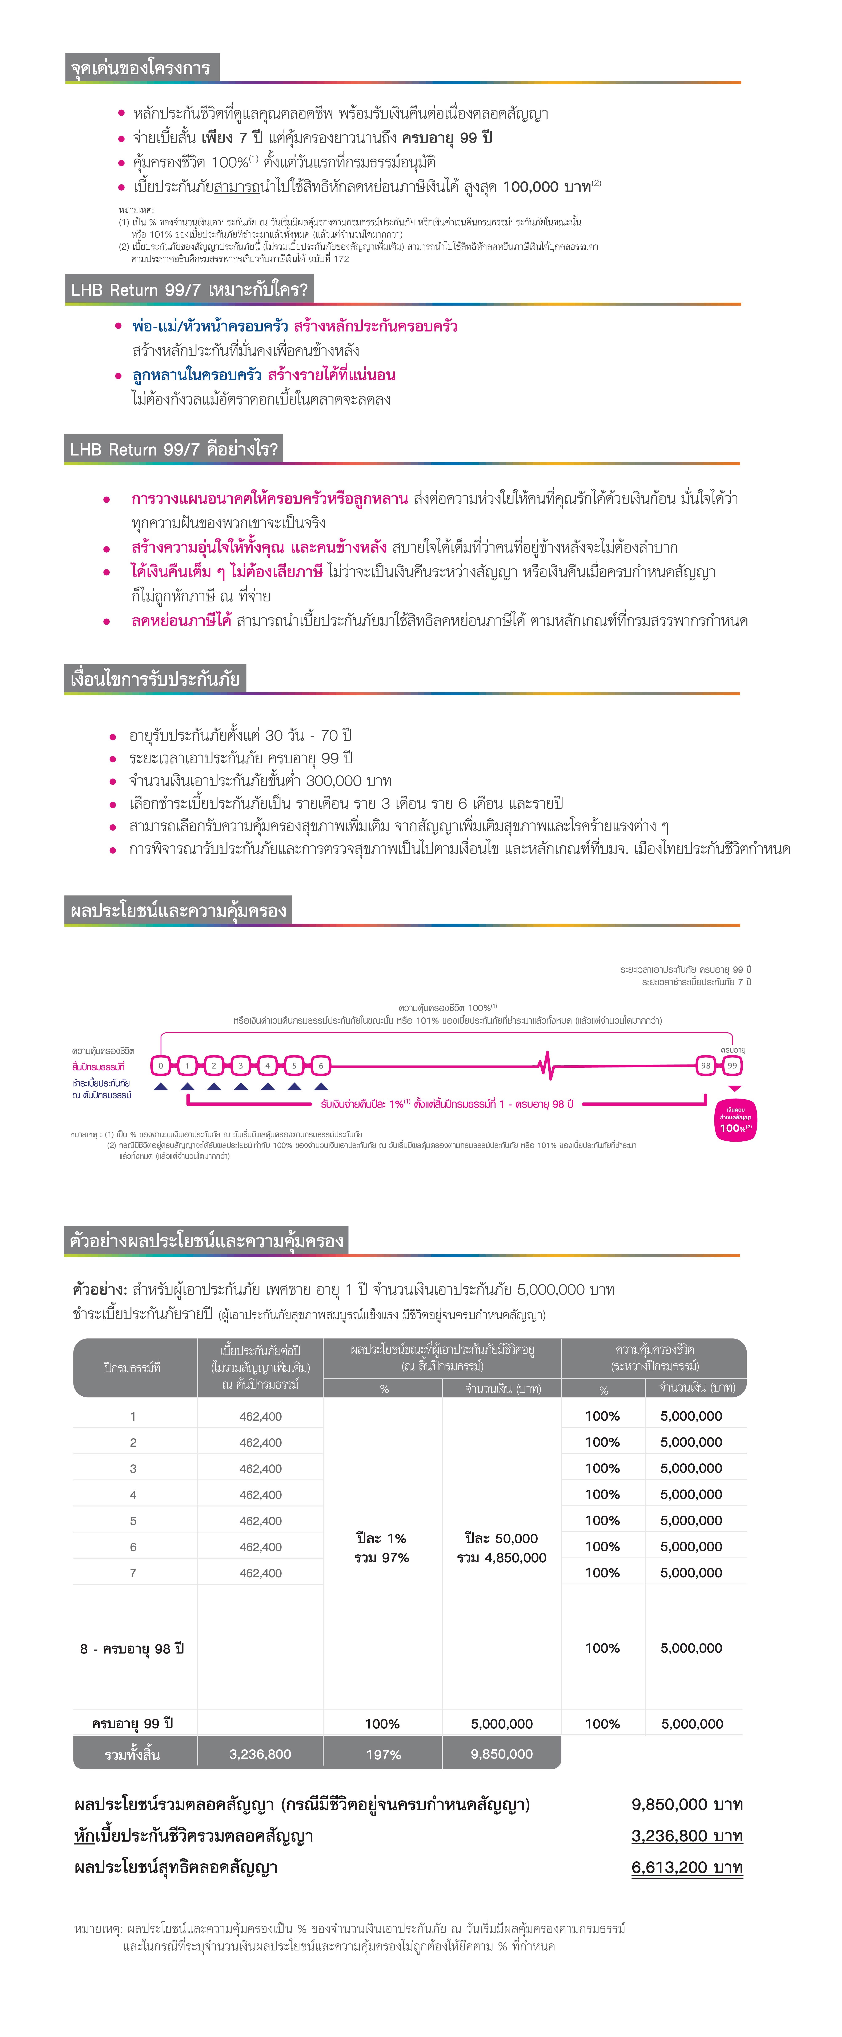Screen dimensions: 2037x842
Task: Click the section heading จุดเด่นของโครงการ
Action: pyautogui.click(x=141, y=68)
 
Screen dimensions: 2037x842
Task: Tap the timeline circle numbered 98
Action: pyautogui.click(x=705, y=1065)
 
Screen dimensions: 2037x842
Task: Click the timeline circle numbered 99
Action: pyautogui.click(x=732, y=1065)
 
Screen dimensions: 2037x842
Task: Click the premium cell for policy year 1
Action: pyautogui.click(x=260, y=1416)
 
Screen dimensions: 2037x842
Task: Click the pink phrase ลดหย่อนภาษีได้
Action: pyautogui.click(x=181, y=620)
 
